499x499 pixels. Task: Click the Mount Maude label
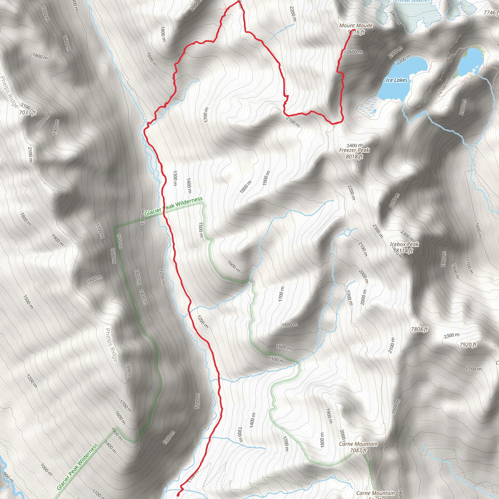click(x=356, y=26)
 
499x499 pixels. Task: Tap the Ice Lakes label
click(x=396, y=80)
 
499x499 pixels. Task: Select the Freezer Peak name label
click(x=354, y=150)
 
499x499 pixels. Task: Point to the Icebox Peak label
click(x=404, y=244)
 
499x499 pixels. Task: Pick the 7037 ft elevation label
click(x=27, y=112)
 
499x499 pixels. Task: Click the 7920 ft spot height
click(x=468, y=345)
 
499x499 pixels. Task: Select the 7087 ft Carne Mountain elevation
click(x=358, y=450)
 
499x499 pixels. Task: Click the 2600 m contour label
click(x=354, y=52)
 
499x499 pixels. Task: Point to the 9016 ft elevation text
click(x=356, y=32)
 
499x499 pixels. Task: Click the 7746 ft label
click(x=491, y=12)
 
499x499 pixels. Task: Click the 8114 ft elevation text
click(x=404, y=250)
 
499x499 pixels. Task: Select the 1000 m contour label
click(x=46, y=470)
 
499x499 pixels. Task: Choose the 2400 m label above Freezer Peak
click(x=354, y=145)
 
